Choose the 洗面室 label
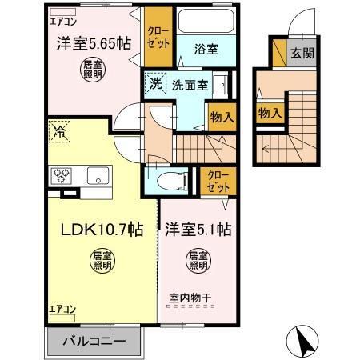click(x=191, y=82)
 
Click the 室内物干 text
click(x=190, y=299)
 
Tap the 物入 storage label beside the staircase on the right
click(x=269, y=113)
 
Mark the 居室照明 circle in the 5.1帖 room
click(x=198, y=260)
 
